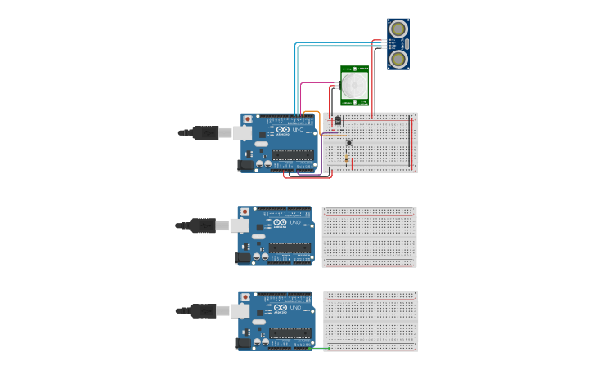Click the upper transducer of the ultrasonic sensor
click(x=398, y=29)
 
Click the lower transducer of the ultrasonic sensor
click(x=398, y=59)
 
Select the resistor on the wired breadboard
click(x=346, y=158)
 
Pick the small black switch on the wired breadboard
click(x=338, y=121)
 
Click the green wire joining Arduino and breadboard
click(x=320, y=349)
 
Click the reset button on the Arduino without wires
click(x=245, y=212)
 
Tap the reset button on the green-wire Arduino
click(x=245, y=296)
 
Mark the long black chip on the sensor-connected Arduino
click(x=293, y=154)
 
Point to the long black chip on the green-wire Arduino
click(x=290, y=333)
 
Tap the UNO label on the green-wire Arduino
click(x=295, y=308)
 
